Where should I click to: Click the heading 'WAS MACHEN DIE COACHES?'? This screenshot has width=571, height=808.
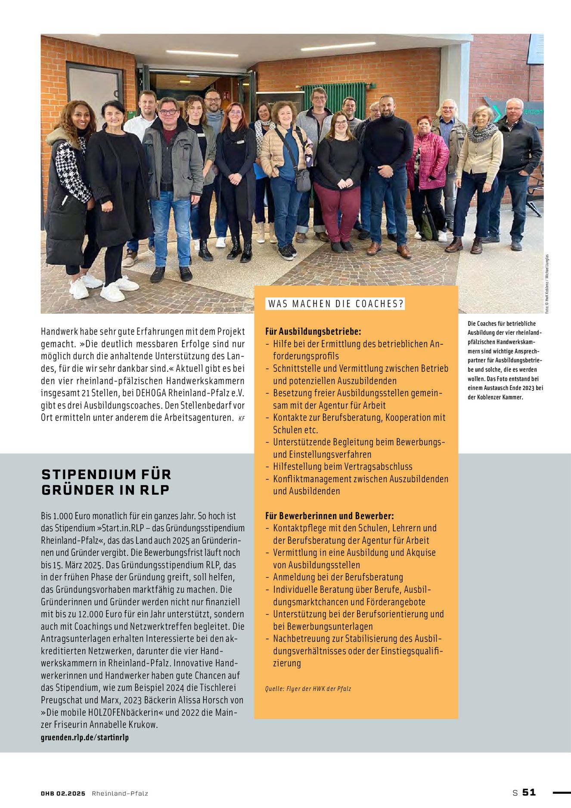pos(335,304)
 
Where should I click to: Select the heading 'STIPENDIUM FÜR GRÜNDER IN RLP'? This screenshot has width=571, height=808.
pos(106,482)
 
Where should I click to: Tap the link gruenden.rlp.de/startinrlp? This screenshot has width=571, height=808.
pos(85,737)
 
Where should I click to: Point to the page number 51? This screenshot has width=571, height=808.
pos(529,792)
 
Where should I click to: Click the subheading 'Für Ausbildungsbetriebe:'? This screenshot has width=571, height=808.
pos(313,331)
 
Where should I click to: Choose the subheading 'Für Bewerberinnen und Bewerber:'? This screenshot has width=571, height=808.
pos(329,516)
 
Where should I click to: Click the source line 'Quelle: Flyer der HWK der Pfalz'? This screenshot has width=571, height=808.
pos(308,689)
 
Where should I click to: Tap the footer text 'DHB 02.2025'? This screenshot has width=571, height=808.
pos(63,793)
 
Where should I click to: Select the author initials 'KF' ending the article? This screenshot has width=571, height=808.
pos(241,418)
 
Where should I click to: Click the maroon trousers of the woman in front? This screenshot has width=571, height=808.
pos(338,211)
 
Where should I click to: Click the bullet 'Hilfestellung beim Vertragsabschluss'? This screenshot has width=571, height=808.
pos(342,467)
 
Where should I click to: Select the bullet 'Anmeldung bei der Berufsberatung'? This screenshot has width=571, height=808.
pos(338,577)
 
